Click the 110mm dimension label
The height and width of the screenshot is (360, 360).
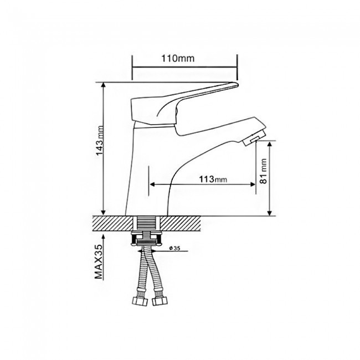coord(178,58)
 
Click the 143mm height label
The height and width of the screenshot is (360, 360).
coord(100,140)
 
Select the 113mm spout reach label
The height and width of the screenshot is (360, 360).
coord(213,179)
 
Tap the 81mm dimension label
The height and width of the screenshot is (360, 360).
coord(263,171)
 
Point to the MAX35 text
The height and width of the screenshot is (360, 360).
coord(99,262)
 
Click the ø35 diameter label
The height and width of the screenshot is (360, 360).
coord(174,248)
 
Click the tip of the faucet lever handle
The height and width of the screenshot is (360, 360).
coord(237,85)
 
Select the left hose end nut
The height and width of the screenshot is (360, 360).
coord(140,301)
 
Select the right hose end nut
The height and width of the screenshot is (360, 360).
coord(160,301)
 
